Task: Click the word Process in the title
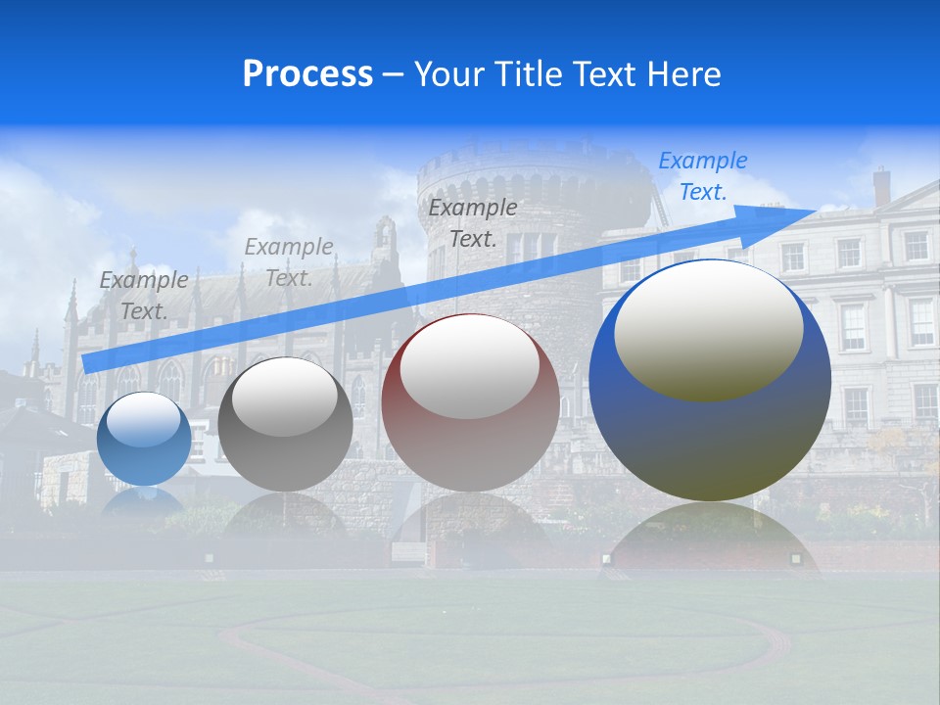307,74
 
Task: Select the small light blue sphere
145,439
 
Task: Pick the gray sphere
285,424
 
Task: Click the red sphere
470,402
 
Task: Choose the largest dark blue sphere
710,380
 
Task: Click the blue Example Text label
703,176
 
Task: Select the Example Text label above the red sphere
473,222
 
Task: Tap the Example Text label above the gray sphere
289,261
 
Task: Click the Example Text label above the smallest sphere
144,295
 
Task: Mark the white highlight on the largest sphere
708,328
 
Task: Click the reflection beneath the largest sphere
710,534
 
